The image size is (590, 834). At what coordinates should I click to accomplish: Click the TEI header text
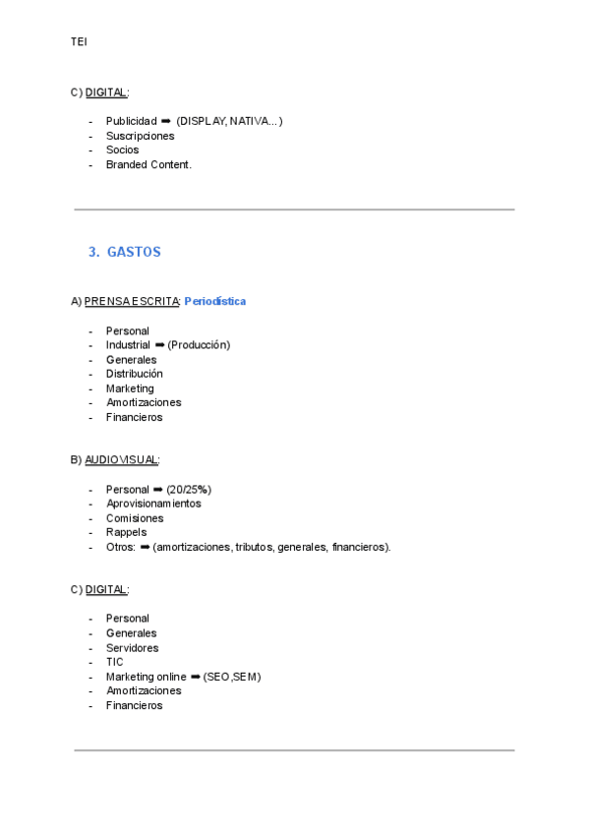(x=79, y=41)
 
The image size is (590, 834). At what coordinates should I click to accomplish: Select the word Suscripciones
(x=140, y=136)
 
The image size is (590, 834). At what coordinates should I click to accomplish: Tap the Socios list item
(x=122, y=150)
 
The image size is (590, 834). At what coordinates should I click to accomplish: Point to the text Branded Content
(x=148, y=164)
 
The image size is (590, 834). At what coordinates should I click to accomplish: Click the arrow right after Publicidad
(x=166, y=122)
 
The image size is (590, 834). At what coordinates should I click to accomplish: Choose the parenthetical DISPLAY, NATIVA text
(x=229, y=122)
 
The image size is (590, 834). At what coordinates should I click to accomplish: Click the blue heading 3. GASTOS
(x=124, y=253)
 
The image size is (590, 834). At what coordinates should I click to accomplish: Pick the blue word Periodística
(x=214, y=301)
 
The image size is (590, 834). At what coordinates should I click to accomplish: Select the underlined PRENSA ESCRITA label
(x=132, y=301)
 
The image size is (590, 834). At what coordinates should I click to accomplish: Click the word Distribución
(x=135, y=374)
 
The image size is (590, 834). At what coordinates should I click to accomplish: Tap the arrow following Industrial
(x=159, y=345)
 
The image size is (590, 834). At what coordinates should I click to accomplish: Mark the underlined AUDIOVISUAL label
(x=121, y=459)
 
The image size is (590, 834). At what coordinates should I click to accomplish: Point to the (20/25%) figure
(x=189, y=490)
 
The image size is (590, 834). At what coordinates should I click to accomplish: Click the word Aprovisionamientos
(x=153, y=504)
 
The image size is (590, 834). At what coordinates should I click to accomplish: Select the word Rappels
(x=126, y=532)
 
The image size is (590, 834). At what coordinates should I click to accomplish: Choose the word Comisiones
(x=135, y=518)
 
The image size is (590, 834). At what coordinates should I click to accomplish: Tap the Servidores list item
(x=132, y=648)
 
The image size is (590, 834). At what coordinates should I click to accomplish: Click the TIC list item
(x=114, y=662)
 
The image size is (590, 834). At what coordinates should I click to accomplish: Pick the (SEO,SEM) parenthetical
(x=232, y=677)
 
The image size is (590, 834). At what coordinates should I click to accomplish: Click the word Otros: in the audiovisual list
(x=121, y=547)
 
